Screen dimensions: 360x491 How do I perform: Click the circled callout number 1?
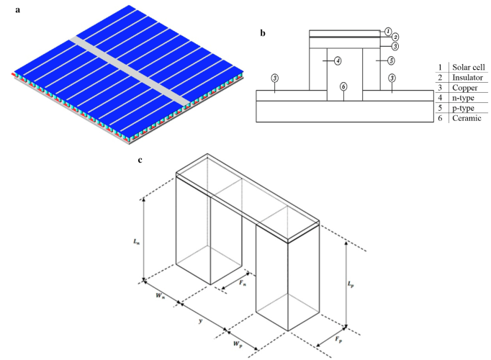pos(387,32)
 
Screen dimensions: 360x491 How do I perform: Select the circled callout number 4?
pos(337,61)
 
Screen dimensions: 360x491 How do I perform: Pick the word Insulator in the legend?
pos(468,78)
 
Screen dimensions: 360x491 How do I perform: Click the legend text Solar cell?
pos(469,68)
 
